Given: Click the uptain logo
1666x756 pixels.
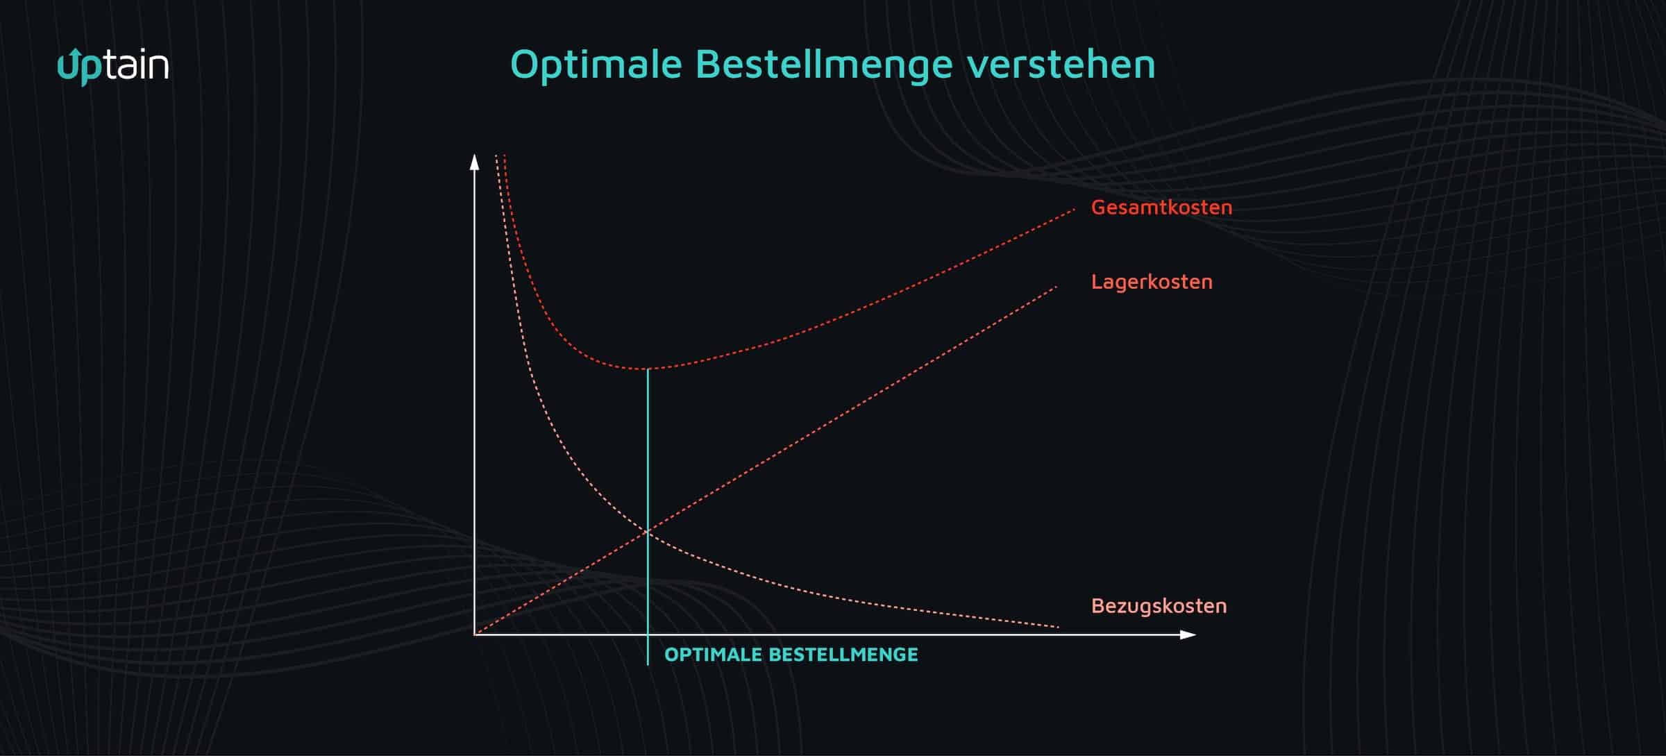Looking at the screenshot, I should pyautogui.click(x=113, y=67).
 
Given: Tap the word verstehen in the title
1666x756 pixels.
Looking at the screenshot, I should pyautogui.click(x=1061, y=65).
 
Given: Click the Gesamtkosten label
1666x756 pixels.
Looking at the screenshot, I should pyautogui.click(x=1161, y=207).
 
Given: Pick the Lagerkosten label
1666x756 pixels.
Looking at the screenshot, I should pyautogui.click(x=1152, y=282).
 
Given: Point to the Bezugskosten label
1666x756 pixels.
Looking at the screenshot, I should pyautogui.click(x=1159, y=606).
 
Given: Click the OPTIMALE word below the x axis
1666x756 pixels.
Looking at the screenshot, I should pyautogui.click(x=713, y=655).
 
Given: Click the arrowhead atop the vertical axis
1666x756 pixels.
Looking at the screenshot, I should pyautogui.click(x=475, y=162).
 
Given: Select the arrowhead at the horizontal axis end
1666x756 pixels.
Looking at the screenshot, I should pyautogui.click(x=1188, y=635).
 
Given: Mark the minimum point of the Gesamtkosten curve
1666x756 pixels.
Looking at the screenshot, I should pyautogui.click(x=648, y=369).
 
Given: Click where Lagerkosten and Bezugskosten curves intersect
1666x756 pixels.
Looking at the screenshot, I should pyautogui.click(x=648, y=532).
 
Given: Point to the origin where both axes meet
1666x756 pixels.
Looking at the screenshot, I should pyautogui.click(x=475, y=635).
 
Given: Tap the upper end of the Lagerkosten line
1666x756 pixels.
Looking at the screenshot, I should pyautogui.click(x=1056, y=287).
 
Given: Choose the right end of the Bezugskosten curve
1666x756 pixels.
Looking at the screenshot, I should pyautogui.click(x=1059, y=627).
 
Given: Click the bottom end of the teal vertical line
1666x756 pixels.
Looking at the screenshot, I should pyautogui.click(x=648, y=664).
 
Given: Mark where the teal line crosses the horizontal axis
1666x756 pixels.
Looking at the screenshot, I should pyautogui.click(x=648, y=635).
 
